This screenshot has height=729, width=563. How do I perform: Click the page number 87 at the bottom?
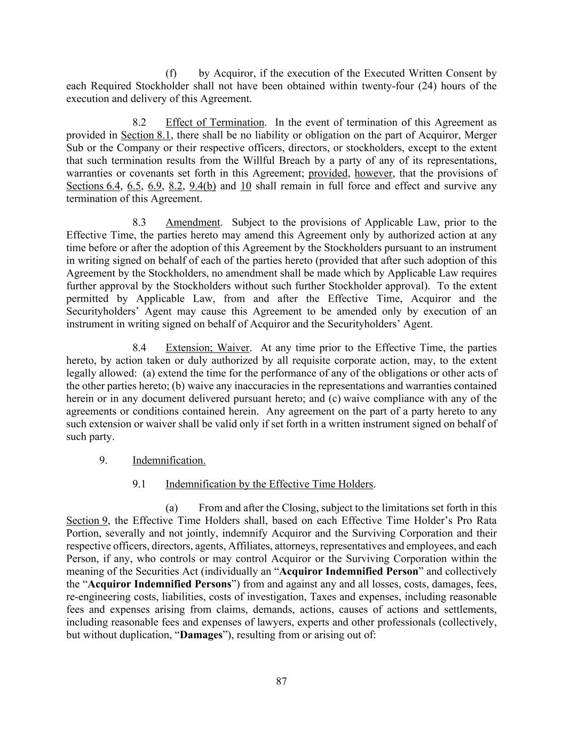click(x=282, y=681)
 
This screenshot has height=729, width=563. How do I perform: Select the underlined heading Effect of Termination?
click(x=215, y=122)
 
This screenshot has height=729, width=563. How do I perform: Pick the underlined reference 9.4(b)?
click(x=203, y=186)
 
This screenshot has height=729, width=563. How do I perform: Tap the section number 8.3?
click(x=139, y=222)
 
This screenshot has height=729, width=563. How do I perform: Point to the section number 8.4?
click(x=139, y=348)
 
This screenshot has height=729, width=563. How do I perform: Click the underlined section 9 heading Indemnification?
click(x=169, y=460)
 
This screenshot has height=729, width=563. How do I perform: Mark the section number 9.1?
click(x=139, y=484)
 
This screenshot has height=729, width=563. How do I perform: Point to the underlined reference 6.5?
click(x=134, y=186)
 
